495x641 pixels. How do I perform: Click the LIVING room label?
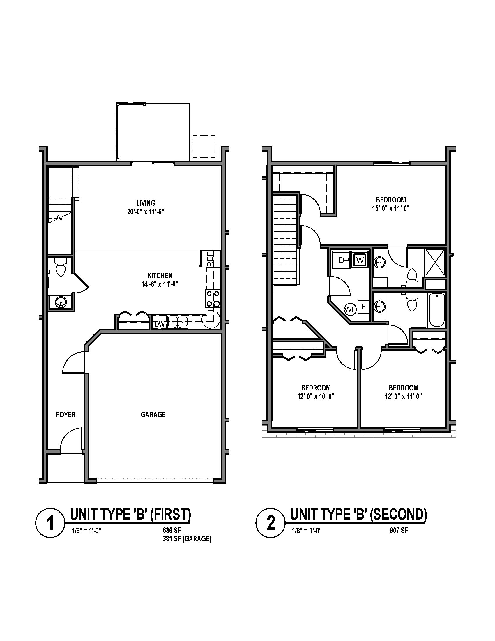(146, 203)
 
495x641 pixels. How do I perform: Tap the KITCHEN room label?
(160, 276)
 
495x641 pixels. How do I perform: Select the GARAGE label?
(153, 414)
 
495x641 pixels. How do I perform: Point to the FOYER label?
(66, 414)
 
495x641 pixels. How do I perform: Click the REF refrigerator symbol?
(210, 258)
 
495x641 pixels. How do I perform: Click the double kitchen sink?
(177, 321)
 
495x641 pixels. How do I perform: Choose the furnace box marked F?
(363, 307)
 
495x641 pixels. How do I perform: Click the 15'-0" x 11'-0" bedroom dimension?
(391, 208)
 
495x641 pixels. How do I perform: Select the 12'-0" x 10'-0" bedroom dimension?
(316, 396)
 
